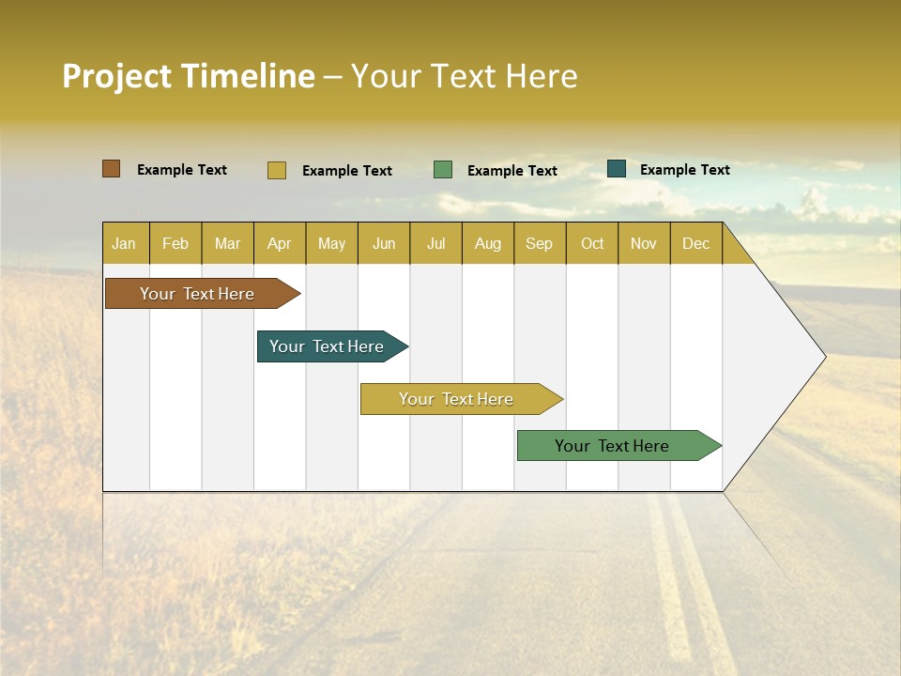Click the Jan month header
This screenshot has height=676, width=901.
pyautogui.click(x=124, y=243)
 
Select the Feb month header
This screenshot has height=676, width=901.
pyautogui.click(x=176, y=243)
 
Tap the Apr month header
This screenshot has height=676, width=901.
pyautogui.click(x=279, y=243)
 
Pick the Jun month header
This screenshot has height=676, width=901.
pyautogui.click(x=384, y=243)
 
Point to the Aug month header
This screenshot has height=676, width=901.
pyautogui.click(x=487, y=243)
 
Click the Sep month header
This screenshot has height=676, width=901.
pyautogui.click(x=539, y=243)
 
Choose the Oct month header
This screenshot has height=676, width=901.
pyautogui.click(x=592, y=243)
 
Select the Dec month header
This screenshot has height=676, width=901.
pyautogui.click(x=695, y=243)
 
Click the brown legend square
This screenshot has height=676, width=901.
pyautogui.click(x=112, y=169)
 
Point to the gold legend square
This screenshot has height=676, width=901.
pyautogui.click(x=277, y=170)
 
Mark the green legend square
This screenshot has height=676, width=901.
pyautogui.click(x=443, y=170)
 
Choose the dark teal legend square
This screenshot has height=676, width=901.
pyautogui.click(x=617, y=169)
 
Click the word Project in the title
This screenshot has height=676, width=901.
pyautogui.click(x=116, y=76)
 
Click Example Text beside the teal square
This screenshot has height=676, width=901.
pyautogui.click(x=684, y=170)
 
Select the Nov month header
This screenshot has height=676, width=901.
pyautogui.click(x=644, y=243)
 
